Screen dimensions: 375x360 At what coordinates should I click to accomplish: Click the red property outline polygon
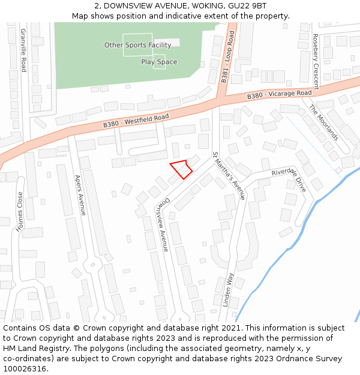coord(181,168)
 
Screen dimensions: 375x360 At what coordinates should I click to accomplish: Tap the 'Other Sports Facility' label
coord(137,45)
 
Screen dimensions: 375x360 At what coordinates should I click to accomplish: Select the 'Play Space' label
coord(159,62)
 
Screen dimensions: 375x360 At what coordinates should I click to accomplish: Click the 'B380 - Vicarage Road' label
coord(279,95)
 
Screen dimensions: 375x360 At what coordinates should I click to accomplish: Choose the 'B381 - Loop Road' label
coord(227,58)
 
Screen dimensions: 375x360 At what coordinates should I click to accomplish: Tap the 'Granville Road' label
coord(23,49)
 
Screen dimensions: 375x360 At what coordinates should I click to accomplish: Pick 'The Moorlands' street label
coord(324,122)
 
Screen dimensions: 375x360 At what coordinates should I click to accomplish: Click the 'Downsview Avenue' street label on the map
coord(162,224)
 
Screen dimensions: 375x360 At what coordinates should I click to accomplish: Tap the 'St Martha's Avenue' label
coord(229,175)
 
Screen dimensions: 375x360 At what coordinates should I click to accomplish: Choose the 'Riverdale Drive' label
coord(289,180)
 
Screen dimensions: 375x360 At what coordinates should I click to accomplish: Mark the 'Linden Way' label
coord(228,290)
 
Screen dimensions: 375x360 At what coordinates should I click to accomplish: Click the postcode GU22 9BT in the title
coord(250,5)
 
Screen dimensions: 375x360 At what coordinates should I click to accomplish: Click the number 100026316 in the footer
coord(25,369)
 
